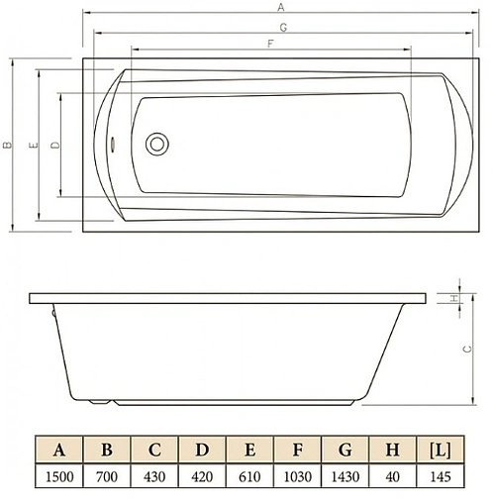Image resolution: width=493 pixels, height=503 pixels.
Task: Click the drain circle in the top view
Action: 156,144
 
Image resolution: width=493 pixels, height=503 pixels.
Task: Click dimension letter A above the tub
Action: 281,7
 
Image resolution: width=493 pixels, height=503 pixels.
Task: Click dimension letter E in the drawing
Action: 34,146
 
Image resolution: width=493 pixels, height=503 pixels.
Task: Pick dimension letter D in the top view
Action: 53,145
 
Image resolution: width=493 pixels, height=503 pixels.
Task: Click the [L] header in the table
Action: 441,451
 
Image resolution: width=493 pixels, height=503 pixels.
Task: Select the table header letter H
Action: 392,451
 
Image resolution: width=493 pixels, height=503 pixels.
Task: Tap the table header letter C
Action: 154,451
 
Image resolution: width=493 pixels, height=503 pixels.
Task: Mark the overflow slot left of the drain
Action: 115,144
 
